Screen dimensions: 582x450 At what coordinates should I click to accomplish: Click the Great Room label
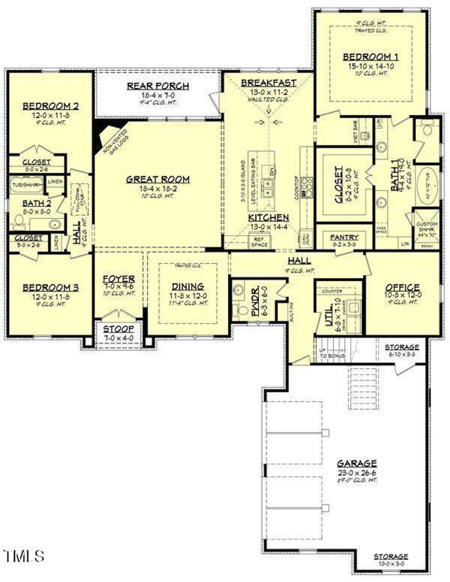click(x=158, y=179)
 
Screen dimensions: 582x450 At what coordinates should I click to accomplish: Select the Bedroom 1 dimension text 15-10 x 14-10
click(x=371, y=66)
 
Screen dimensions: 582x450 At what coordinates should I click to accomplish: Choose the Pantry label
click(x=344, y=237)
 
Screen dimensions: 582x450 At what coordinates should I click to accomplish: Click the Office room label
click(x=403, y=287)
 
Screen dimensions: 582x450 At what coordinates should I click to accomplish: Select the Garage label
click(x=357, y=463)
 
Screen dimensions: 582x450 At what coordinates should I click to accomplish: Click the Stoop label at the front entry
click(x=118, y=329)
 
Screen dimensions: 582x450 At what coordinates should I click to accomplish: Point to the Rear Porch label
click(x=158, y=86)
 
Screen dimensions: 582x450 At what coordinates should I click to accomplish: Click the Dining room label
click(x=188, y=286)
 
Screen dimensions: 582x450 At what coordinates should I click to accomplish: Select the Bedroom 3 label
click(x=50, y=288)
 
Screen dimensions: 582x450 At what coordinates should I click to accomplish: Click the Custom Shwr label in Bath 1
click(x=427, y=226)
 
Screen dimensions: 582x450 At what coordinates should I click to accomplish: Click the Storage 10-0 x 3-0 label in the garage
click(x=391, y=557)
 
